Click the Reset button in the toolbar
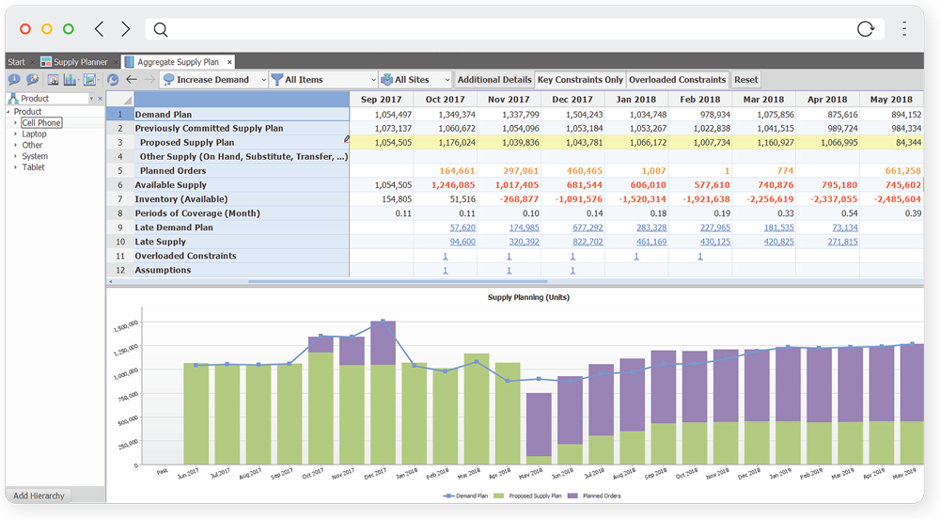coord(745,80)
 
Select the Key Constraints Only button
coord(580,80)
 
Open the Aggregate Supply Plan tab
coord(179,62)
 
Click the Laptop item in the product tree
coord(34,134)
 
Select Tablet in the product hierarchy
coord(33,167)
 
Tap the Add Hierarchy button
coord(39,495)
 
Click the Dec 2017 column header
coord(572,100)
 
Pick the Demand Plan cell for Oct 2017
coord(445,115)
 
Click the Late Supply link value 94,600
coord(462,242)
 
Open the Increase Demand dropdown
coord(214,80)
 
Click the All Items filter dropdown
coord(323,80)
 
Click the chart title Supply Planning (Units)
coord(528,297)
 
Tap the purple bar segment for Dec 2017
coord(383,342)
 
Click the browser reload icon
coord(866,29)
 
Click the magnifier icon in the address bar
coord(161,29)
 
